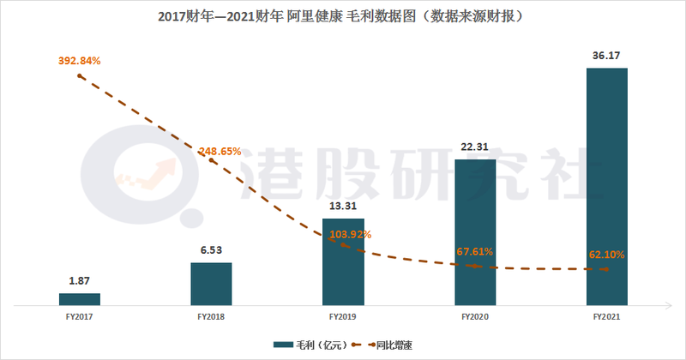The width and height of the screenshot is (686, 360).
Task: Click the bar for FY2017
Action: (x=80, y=298)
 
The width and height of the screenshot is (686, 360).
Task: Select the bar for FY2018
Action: (x=211, y=283)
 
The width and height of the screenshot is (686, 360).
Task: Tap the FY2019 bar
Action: (x=343, y=261)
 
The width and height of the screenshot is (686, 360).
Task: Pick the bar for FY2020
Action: (x=475, y=231)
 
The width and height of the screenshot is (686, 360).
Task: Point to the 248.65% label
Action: (x=221, y=152)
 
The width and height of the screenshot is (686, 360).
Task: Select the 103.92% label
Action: (x=352, y=234)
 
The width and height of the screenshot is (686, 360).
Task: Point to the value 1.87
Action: (x=80, y=282)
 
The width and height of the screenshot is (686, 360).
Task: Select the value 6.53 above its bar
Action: (x=211, y=250)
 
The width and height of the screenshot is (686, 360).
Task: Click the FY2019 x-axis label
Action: (x=343, y=317)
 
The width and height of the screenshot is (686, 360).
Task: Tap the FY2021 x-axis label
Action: (x=607, y=317)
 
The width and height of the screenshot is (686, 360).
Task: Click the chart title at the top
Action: (x=343, y=16)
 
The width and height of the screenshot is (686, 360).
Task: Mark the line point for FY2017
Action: (x=80, y=75)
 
